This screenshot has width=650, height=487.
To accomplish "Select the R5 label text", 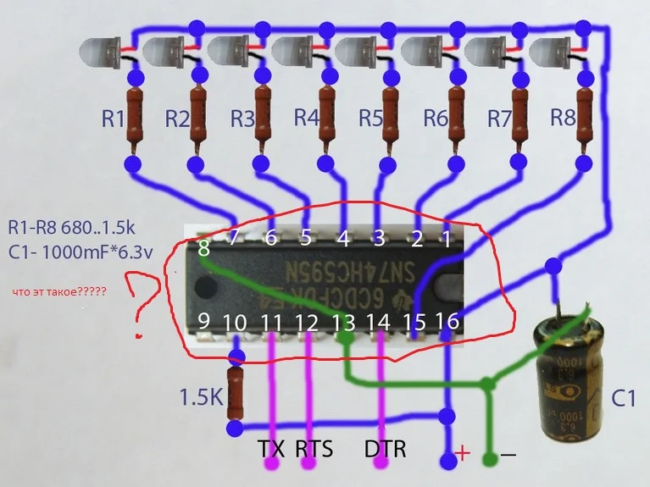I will pos(371,119).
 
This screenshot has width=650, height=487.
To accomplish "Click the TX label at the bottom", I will pos(271,448).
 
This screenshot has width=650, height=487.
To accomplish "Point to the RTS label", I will pos(314,448).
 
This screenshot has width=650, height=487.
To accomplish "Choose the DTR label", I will pos(386,448).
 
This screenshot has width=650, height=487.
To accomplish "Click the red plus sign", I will pos(463,453).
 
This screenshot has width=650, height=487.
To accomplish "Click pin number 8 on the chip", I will pos(203,249).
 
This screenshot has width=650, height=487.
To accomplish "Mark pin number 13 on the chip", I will pos(343,322).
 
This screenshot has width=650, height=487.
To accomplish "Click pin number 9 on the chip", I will pos(203,321).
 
